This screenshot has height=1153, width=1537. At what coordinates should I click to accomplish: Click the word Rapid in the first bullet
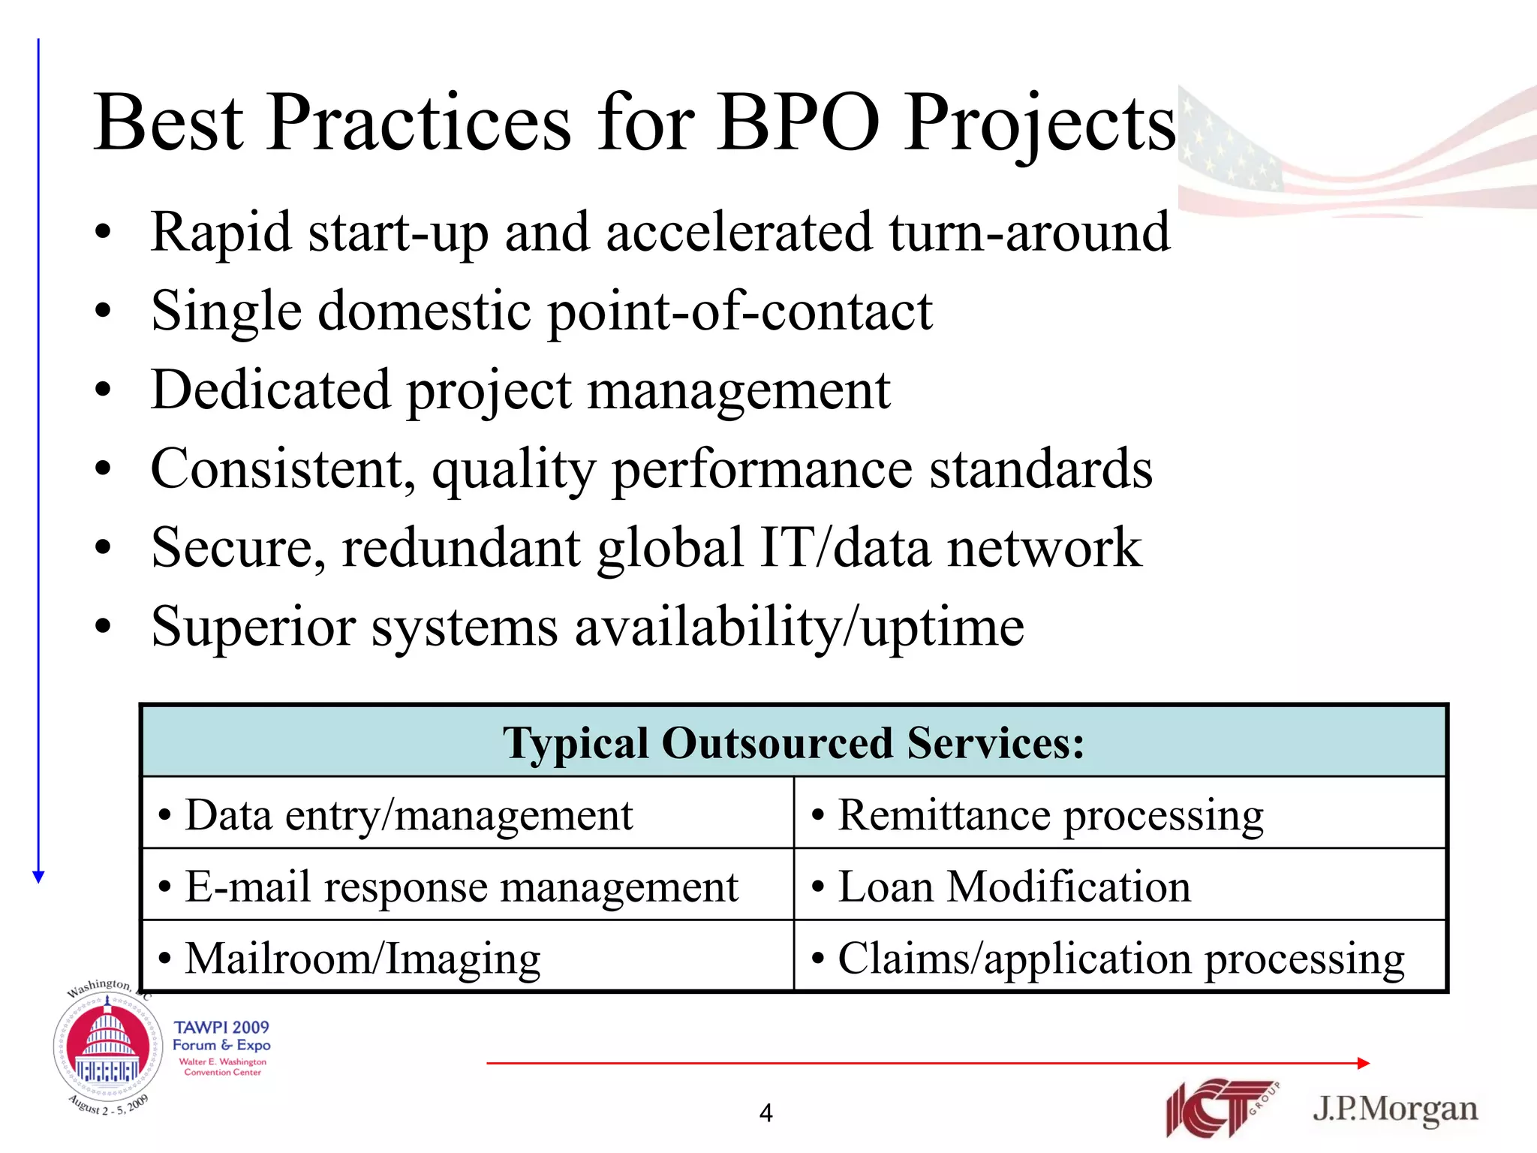pyautogui.click(x=221, y=233)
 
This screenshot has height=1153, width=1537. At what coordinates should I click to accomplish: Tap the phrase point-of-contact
pyautogui.click(x=740, y=312)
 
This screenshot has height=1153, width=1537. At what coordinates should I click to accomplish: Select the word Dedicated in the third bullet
pyautogui.click(x=270, y=390)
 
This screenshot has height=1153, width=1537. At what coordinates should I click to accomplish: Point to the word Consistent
pyautogui.click(x=282, y=469)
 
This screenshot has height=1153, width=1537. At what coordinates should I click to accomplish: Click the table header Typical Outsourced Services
pyautogui.click(x=793, y=743)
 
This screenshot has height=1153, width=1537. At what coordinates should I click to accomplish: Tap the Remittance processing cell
pyautogui.click(x=1051, y=815)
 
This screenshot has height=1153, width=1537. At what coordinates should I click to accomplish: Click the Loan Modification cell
pyautogui.click(x=1014, y=887)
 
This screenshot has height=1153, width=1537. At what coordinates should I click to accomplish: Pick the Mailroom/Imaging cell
pyautogui.click(x=362, y=959)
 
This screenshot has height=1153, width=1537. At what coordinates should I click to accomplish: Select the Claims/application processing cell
pyautogui.click(x=1120, y=959)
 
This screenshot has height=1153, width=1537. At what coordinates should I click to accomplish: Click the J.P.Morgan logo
pyautogui.click(x=1394, y=1109)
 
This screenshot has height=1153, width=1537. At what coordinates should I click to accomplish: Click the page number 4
pyautogui.click(x=765, y=1112)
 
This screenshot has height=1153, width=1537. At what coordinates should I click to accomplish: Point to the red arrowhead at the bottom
pyautogui.click(x=1364, y=1063)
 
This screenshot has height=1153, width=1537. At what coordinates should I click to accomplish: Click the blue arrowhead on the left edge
pyautogui.click(x=39, y=877)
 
